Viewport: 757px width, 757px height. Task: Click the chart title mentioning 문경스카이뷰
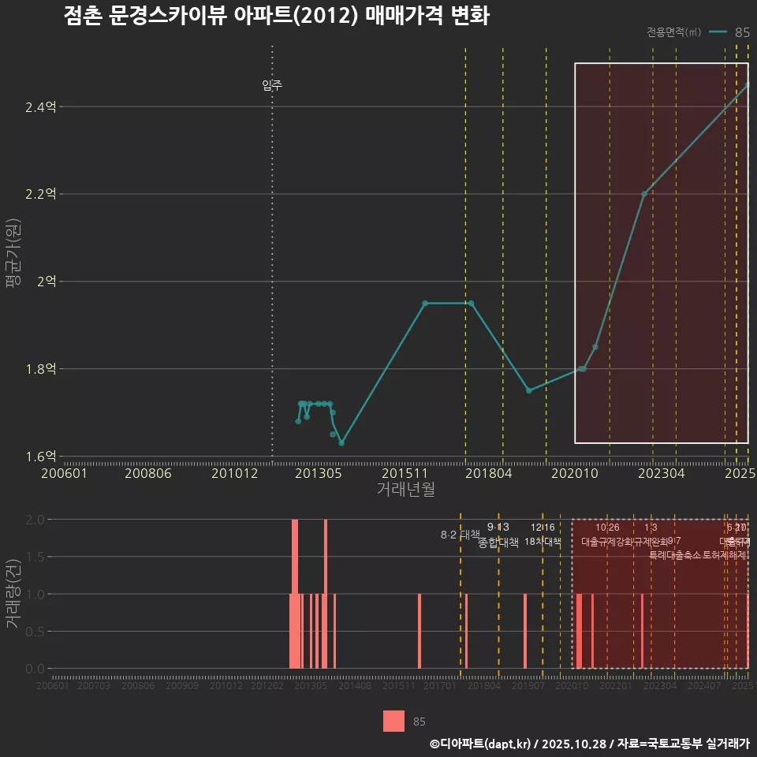point(277,17)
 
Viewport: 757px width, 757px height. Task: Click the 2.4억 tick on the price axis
point(40,106)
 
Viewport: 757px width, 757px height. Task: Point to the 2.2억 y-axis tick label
point(40,194)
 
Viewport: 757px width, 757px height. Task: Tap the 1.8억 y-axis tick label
point(40,368)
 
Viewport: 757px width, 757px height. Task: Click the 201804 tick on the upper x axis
point(489,473)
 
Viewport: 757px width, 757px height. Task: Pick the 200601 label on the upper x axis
point(64,473)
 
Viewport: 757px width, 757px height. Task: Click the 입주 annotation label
point(272,85)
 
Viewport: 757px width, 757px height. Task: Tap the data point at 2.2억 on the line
point(644,194)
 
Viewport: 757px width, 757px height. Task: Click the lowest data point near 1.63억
point(341,443)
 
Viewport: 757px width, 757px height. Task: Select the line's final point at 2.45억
point(748,84)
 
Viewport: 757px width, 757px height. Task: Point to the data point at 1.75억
point(529,390)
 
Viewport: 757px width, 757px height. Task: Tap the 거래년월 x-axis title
point(405,490)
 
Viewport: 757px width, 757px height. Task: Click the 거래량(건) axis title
point(13,595)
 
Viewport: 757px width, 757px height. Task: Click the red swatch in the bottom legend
point(393,721)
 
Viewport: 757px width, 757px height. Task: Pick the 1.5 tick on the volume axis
point(35,557)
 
